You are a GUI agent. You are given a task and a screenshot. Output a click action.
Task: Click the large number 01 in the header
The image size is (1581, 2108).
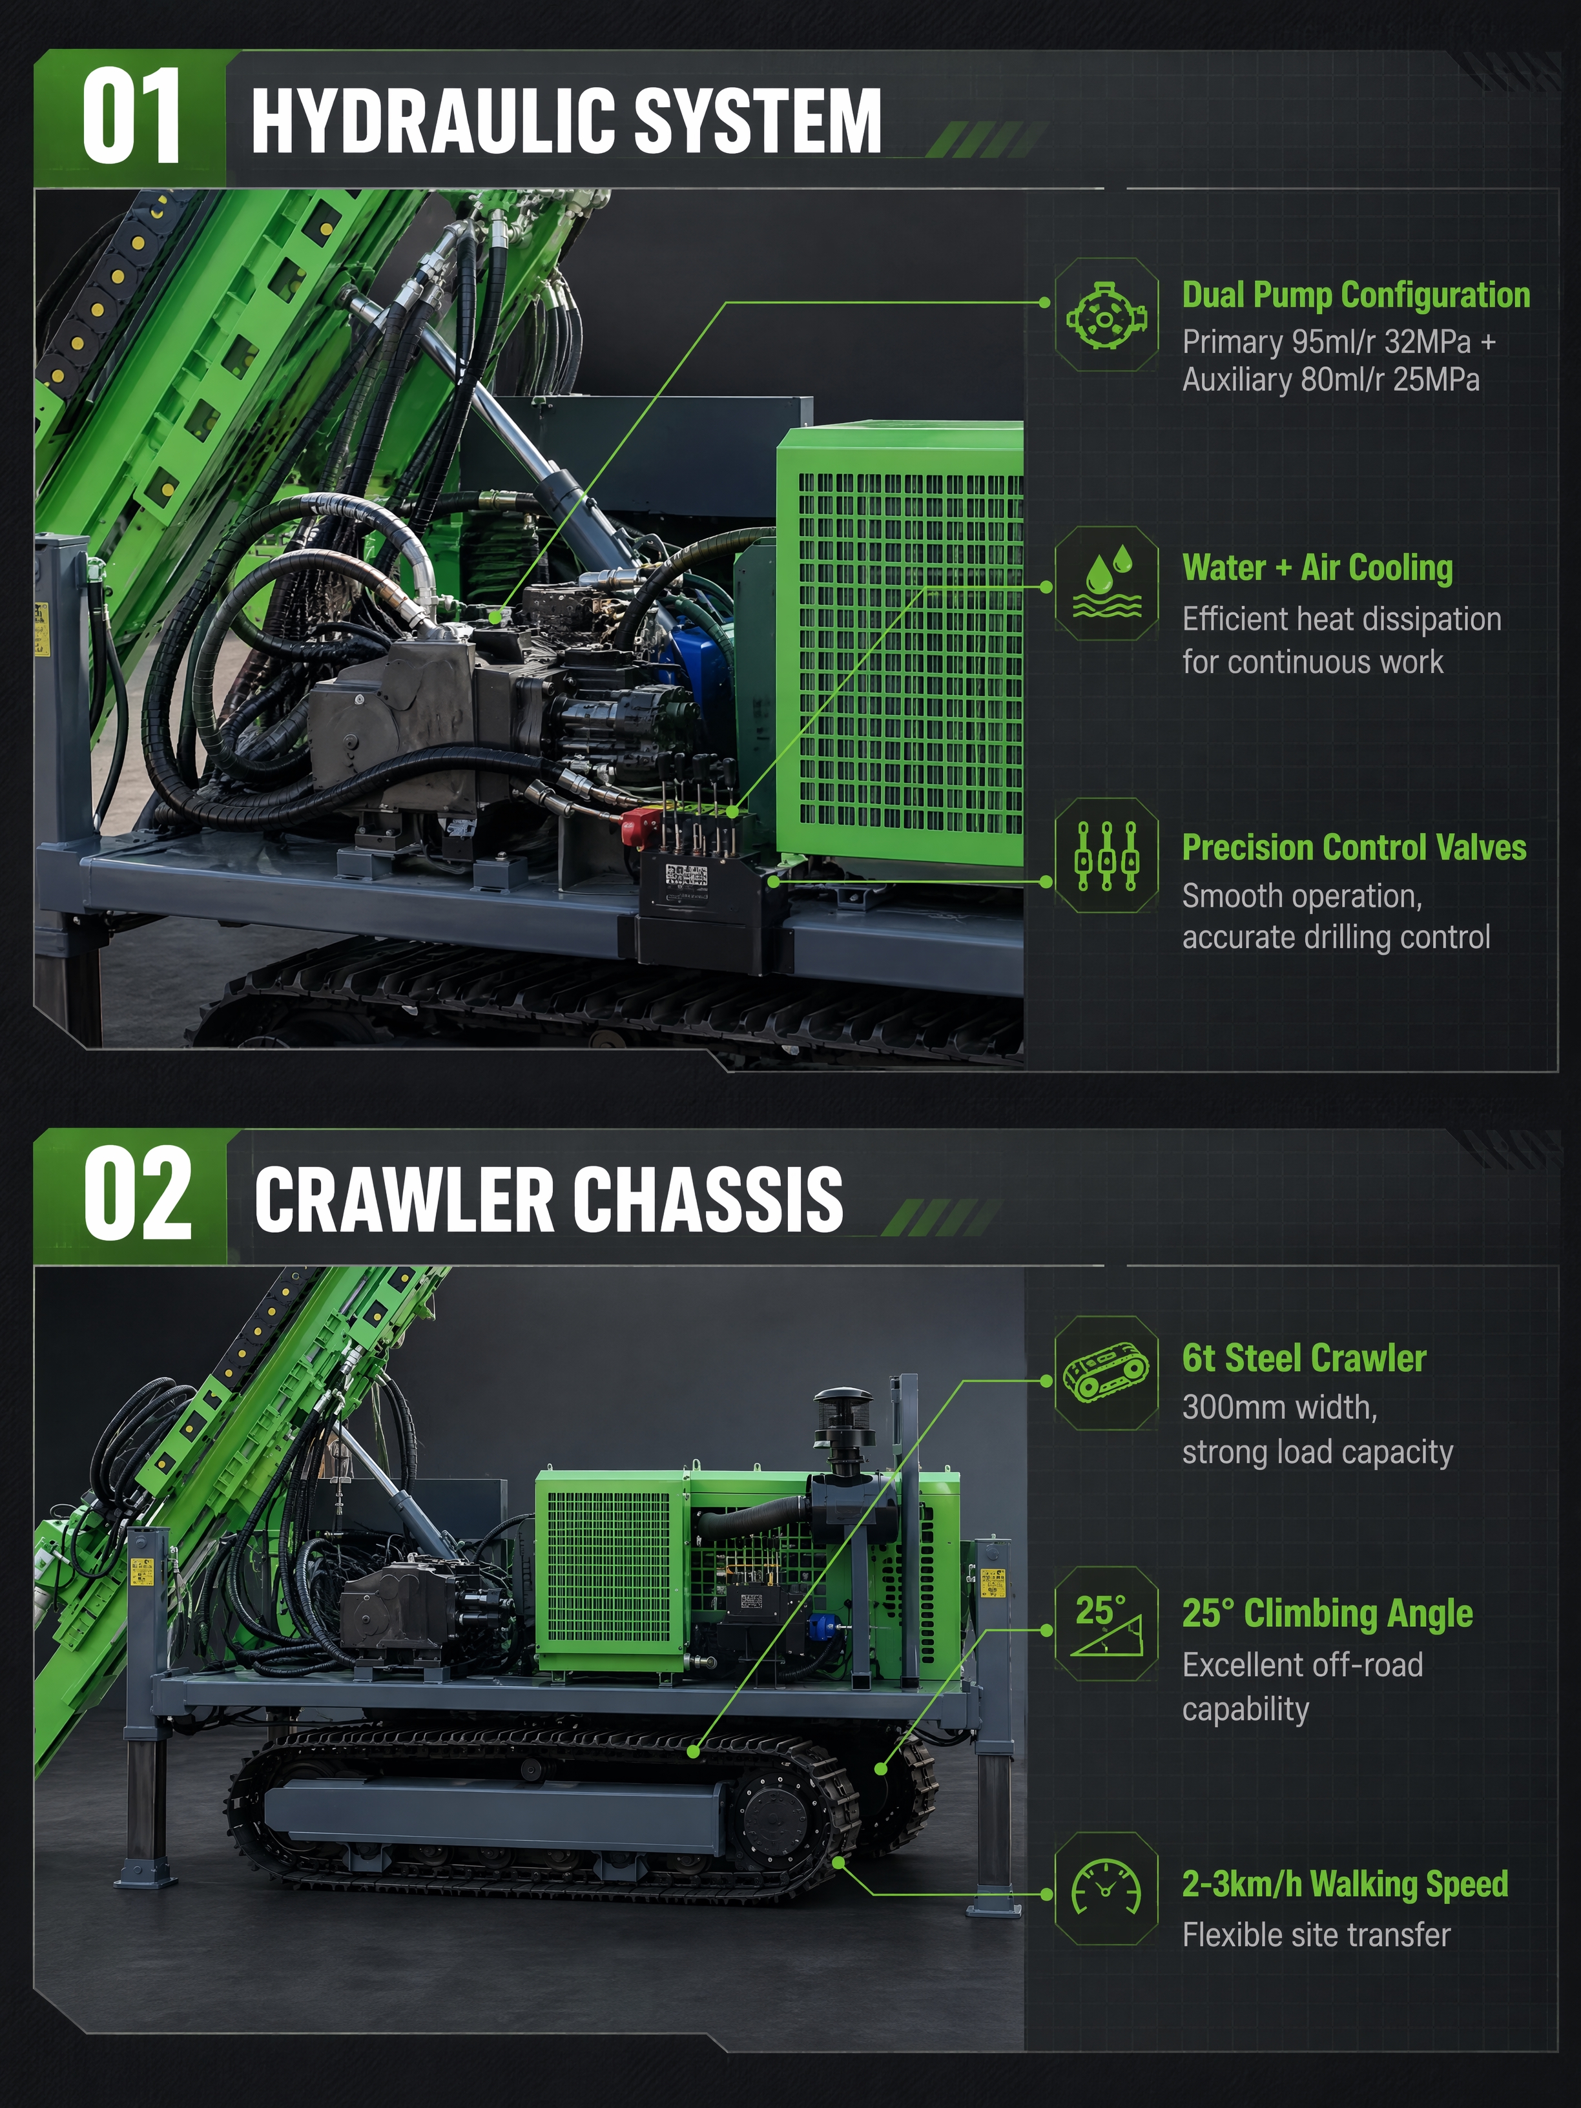(132, 116)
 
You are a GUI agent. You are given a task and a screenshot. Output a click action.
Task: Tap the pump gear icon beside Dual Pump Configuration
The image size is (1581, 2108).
(1106, 315)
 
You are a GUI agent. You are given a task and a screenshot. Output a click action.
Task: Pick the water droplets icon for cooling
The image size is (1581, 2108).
(1106, 581)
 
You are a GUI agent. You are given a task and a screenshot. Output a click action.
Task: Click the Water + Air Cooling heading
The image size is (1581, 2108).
(1317, 568)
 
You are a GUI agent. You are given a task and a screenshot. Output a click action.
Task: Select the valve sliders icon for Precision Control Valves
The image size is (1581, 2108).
(1106, 856)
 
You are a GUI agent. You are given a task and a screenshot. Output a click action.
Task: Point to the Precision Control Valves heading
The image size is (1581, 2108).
(1353, 847)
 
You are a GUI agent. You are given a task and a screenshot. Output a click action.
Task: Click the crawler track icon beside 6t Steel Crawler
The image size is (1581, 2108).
(1106, 1373)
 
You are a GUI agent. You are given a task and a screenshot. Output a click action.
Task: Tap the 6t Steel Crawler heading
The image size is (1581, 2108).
(1304, 1358)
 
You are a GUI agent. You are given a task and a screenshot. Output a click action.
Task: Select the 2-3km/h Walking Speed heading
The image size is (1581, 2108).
(1345, 1884)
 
